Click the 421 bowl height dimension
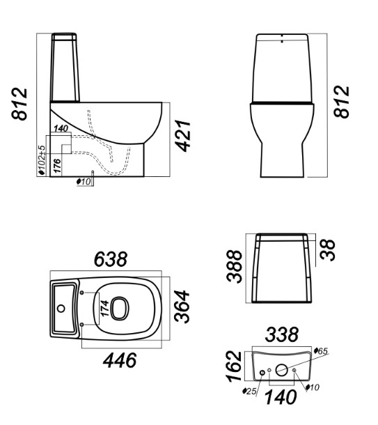tap(184, 136)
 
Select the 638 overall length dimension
tap(111, 259)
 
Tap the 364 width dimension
tap(182, 307)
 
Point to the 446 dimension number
tap(120, 360)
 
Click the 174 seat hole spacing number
tap(104, 308)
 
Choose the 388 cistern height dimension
tap(234, 267)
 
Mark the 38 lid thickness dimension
tap(327, 250)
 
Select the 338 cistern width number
tap(282, 334)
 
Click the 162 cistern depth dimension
tap(234, 366)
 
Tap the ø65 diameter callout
tap(321, 351)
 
